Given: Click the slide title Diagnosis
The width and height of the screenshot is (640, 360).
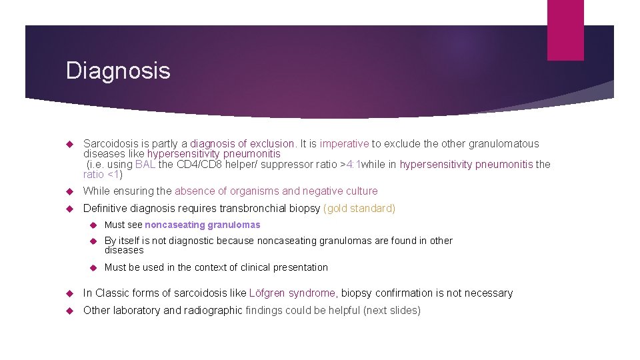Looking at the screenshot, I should coord(118,71).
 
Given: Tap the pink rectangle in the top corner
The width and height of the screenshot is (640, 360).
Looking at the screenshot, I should coord(565,30).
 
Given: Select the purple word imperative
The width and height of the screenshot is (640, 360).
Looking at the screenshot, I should coord(344,143).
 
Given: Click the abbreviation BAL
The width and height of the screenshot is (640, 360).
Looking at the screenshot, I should coord(145,165).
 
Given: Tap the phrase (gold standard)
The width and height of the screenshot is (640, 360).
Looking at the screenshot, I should coord(359,208).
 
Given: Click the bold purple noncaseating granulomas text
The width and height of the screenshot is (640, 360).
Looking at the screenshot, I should coord(203,225).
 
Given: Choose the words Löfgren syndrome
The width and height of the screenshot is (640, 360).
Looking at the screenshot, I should coord(292,293).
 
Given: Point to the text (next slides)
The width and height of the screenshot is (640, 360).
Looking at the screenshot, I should coord(392,310).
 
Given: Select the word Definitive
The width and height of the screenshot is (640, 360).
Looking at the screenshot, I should coord(105,208).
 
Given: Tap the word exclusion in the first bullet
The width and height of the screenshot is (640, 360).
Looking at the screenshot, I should coord(272,143).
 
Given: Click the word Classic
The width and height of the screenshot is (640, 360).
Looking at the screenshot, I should coord(111,293).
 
